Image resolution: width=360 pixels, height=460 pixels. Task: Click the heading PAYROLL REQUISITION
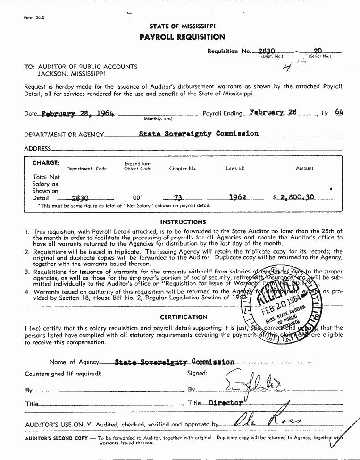pos(182,37)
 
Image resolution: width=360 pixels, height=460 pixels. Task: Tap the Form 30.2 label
pos(34,18)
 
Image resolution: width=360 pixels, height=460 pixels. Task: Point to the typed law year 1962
pos(237,197)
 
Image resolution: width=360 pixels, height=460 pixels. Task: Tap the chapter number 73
pos(178,198)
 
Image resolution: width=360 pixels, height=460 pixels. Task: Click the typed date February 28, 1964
pos(78,114)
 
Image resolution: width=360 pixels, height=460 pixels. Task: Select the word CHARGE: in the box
pos(46,163)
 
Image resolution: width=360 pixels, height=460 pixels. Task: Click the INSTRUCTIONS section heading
pos(183,222)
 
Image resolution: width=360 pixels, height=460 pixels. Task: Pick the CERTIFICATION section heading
pos(184,317)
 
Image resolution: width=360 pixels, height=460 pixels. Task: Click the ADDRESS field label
pos(37,149)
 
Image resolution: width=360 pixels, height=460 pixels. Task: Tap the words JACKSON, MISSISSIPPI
pos(72,74)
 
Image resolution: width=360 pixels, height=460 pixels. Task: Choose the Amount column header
pos(304,168)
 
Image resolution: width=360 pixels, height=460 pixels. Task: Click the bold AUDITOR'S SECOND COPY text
pos(56,438)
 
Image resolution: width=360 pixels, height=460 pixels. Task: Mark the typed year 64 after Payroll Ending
pos(338,112)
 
